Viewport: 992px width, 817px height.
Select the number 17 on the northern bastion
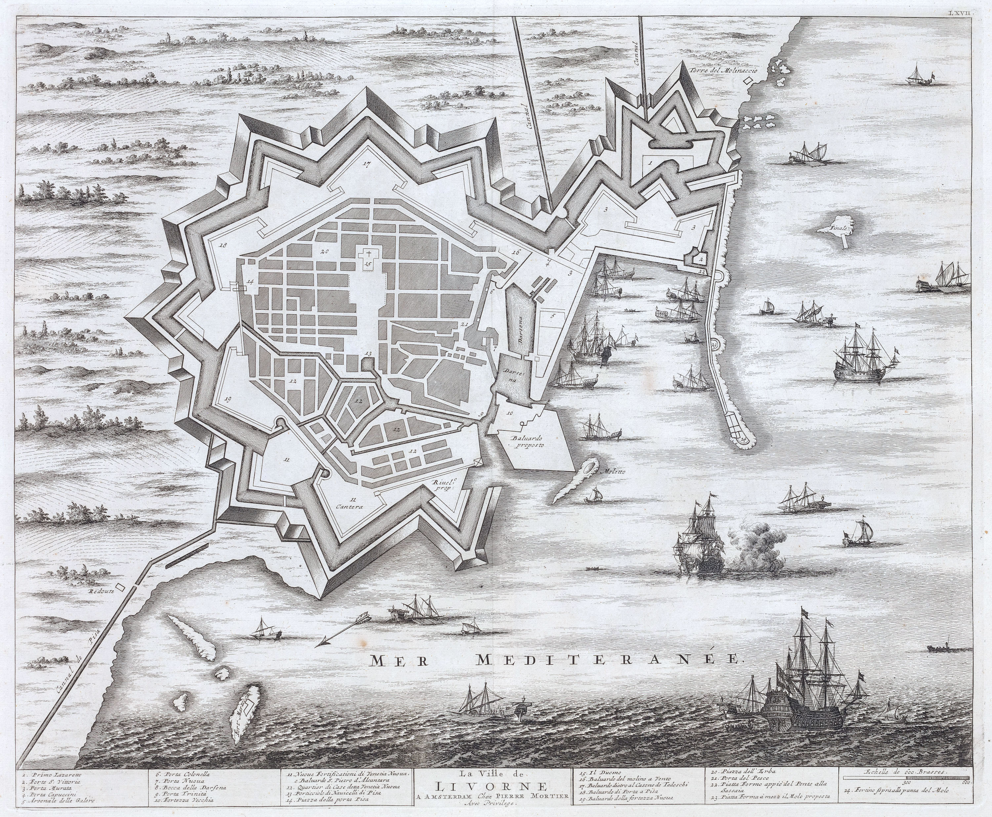(368, 164)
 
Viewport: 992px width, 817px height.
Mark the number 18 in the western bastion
(223, 245)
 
